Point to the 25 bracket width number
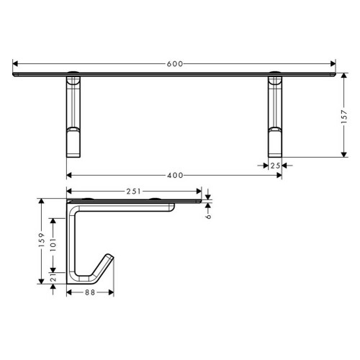[x=274, y=165]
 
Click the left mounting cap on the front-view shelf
[x=74, y=73]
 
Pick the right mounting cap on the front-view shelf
[x=274, y=73]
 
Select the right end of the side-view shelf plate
[x=200, y=204]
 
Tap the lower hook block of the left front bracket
[x=74, y=142]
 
